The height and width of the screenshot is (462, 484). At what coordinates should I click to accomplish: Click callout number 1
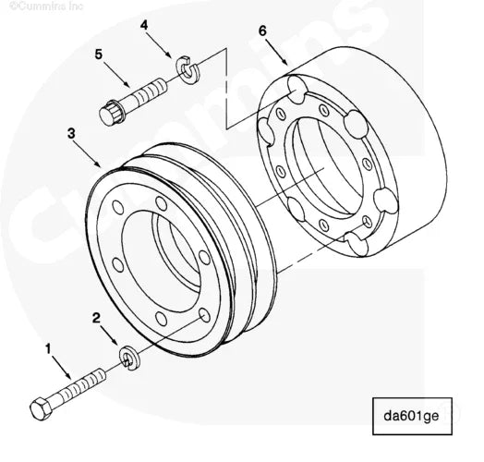tap(48, 349)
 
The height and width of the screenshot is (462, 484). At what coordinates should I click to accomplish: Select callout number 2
tap(96, 317)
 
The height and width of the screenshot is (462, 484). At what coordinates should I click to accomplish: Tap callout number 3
tap(71, 133)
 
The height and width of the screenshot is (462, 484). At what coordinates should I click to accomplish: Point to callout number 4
tap(144, 26)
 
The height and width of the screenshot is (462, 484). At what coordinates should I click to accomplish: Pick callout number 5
tap(99, 55)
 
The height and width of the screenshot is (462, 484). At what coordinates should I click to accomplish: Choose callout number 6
tap(262, 30)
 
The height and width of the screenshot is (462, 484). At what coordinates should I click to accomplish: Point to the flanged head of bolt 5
tap(113, 112)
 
